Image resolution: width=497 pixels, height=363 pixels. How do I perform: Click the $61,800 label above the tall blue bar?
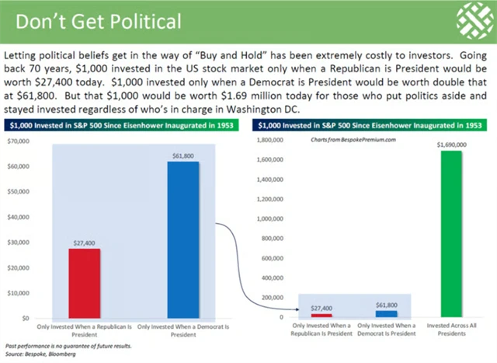[182, 156]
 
